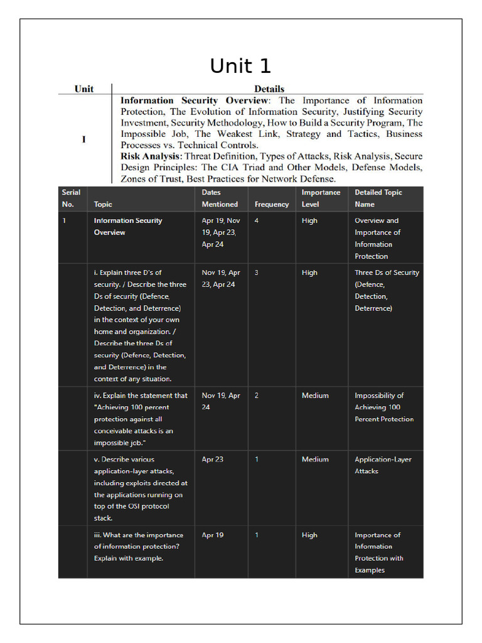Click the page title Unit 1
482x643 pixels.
click(x=240, y=66)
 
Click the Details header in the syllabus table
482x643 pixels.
click(x=269, y=89)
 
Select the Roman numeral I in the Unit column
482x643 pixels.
click(x=84, y=139)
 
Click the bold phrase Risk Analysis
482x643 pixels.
click(x=151, y=156)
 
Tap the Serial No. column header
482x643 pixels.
click(x=68, y=198)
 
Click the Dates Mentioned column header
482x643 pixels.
click(x=220, y=198)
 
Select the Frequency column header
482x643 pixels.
click(x=272, y=204)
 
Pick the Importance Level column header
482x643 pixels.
click(x=321, y=198)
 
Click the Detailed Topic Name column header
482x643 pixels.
click(x=378, y=198)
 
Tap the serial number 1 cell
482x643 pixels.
click(x=65, y=220)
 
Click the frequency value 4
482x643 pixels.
click(x=257, y=220)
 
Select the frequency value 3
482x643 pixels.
click(x=257, y=273)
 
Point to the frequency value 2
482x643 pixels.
click(x=257, y=396)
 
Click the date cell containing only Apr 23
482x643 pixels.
click(x=212, y=459)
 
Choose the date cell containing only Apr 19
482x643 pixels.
click(x=212, y=535)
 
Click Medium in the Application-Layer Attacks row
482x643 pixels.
click(x=315, y=459)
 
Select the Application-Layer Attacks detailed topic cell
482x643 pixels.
click(x=383, y=465)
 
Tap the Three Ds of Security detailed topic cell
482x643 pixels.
click(x=386, y=290)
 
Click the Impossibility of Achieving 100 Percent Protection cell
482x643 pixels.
click(x=383, y=407)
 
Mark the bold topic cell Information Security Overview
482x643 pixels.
click(x=128, y=226)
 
